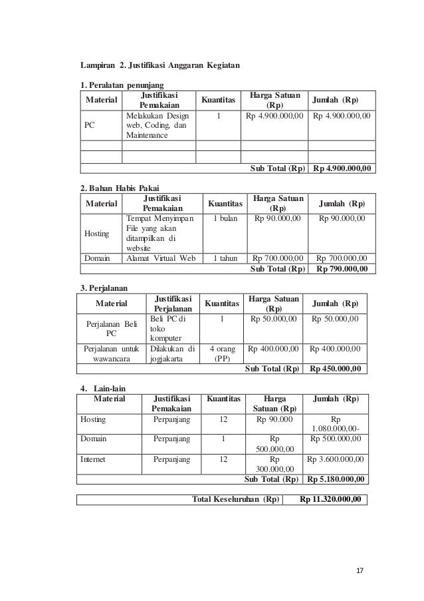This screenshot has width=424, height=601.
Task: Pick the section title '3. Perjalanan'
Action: click(x=103, y=288)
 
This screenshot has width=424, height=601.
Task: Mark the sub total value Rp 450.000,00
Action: click(x=333, y=369)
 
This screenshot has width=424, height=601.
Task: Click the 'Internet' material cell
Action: click(x=92, y=459)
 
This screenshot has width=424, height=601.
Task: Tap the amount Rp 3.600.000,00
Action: click(x=336, y=459)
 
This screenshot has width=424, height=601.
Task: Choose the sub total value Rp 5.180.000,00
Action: click(x=336, y=479)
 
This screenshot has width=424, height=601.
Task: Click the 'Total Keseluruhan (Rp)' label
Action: click(x=235, y=499)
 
